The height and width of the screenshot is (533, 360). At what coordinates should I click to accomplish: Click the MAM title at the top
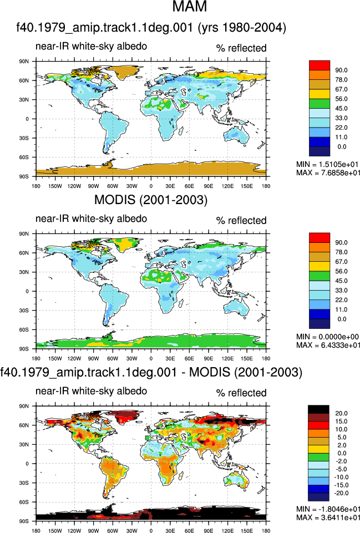(190, 6)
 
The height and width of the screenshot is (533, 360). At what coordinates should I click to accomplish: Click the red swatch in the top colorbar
(320, 65)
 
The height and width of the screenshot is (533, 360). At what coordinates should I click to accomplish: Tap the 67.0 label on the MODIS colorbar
(341, 262)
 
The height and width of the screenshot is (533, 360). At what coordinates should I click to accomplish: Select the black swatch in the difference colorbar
(318, 409)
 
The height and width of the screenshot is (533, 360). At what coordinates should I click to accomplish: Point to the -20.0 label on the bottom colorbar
(341, 493)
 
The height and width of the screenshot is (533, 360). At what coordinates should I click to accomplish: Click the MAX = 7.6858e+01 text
(328, 172)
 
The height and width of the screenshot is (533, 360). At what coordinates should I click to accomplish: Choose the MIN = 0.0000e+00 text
(328, 337)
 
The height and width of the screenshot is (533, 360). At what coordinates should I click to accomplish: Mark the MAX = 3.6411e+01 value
(328, 517)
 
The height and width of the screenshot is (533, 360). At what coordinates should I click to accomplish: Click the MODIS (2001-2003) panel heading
(150, 200)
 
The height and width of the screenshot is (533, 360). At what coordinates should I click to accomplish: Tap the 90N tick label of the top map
(24, 62)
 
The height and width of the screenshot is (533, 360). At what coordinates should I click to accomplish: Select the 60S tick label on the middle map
(24, 329)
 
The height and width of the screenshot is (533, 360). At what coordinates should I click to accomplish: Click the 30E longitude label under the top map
(170, 186)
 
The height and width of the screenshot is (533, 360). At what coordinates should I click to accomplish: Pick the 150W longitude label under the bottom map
(55, 531)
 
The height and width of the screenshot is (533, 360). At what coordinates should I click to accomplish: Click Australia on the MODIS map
(236, 307)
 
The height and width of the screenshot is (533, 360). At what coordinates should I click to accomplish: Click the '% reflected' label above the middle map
(241, 221)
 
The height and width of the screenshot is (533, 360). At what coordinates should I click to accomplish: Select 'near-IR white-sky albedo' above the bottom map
(91, 391)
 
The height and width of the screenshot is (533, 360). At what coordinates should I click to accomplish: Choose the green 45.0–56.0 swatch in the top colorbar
(320, 104)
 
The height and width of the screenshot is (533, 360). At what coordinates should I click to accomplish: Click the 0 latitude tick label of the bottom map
(27, 464)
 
